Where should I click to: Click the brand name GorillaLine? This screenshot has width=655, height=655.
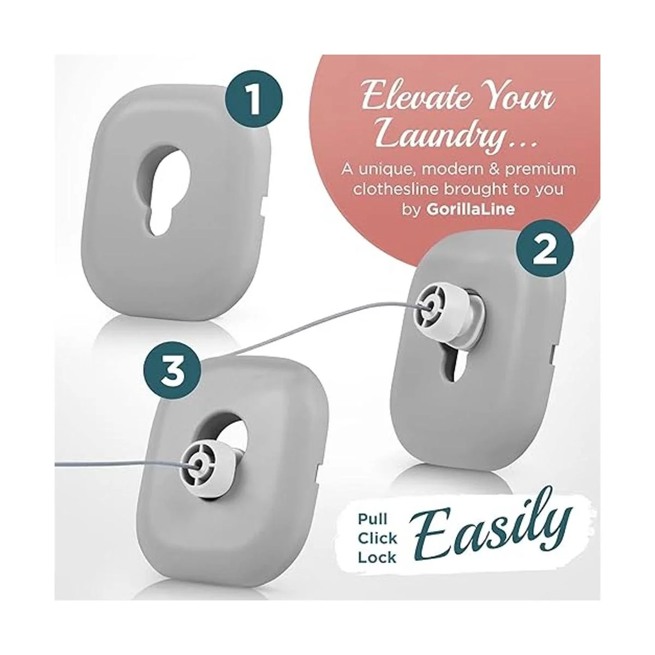click(x=470, y=209)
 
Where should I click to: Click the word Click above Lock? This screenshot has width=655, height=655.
click(x=377, y=538)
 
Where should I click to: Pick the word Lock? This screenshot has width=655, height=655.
click(x=377, y=557)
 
